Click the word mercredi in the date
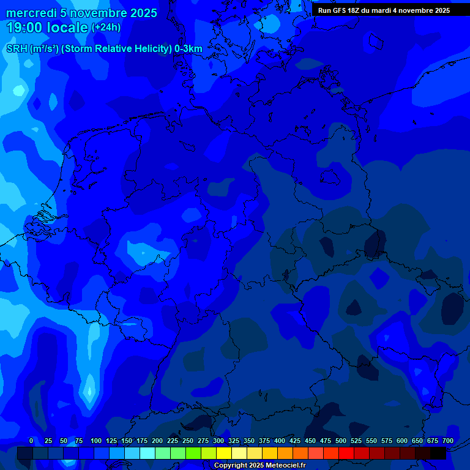coord(31,13)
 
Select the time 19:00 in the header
coord(24,28)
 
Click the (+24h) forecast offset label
coord(106,28)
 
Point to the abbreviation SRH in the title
coord(17,49)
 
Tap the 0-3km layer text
coord(188,49)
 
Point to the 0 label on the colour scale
coord(31,441)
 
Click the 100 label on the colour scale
coord(95,441)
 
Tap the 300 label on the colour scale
coord(218,441)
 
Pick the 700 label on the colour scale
coord(447,441)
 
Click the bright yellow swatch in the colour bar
coord(224,453)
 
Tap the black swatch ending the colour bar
coord(438,453)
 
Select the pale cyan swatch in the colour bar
coord(147,453)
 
